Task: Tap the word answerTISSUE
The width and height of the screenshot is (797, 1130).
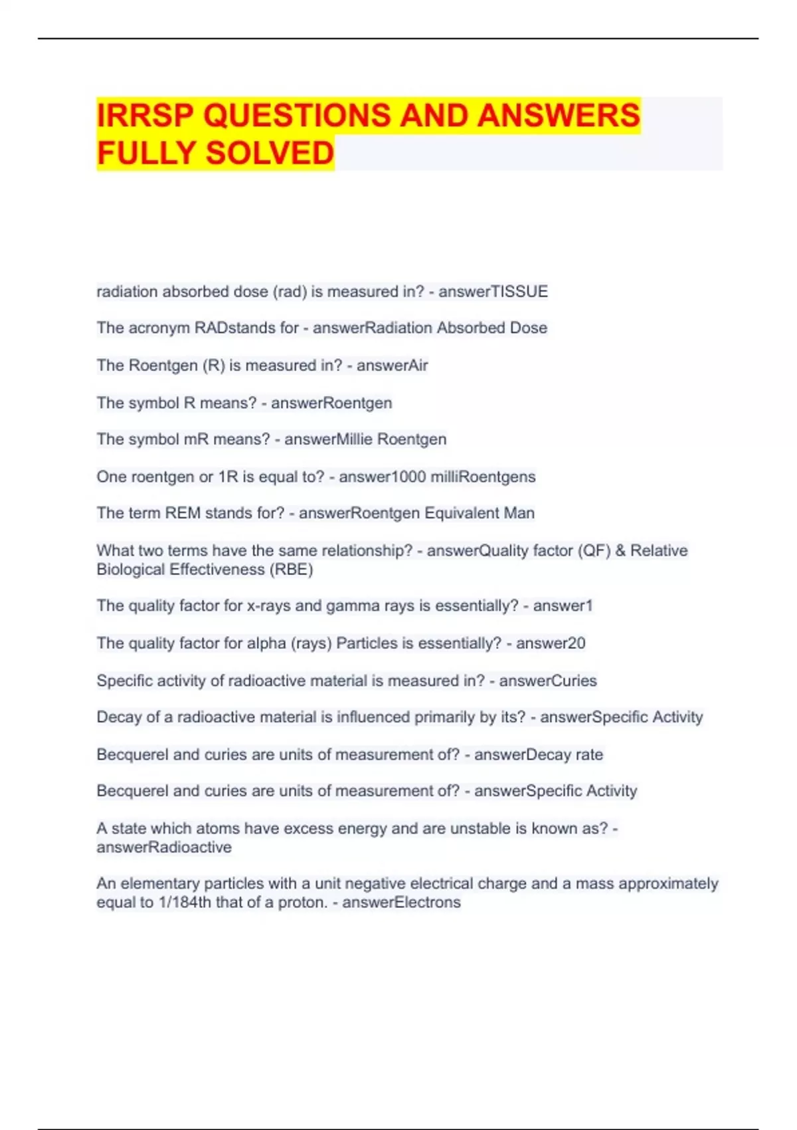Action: click(493, 292)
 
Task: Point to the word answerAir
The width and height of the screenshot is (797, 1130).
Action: click(393, 366)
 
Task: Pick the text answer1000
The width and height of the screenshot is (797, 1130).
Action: click(382, 477)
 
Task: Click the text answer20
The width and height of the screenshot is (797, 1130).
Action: click(551, 643)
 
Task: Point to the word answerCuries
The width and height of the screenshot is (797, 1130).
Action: click(548, 681)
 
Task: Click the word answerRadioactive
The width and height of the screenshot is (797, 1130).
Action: click(164, 847)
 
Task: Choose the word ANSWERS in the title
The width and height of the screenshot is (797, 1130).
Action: click(559, 116)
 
